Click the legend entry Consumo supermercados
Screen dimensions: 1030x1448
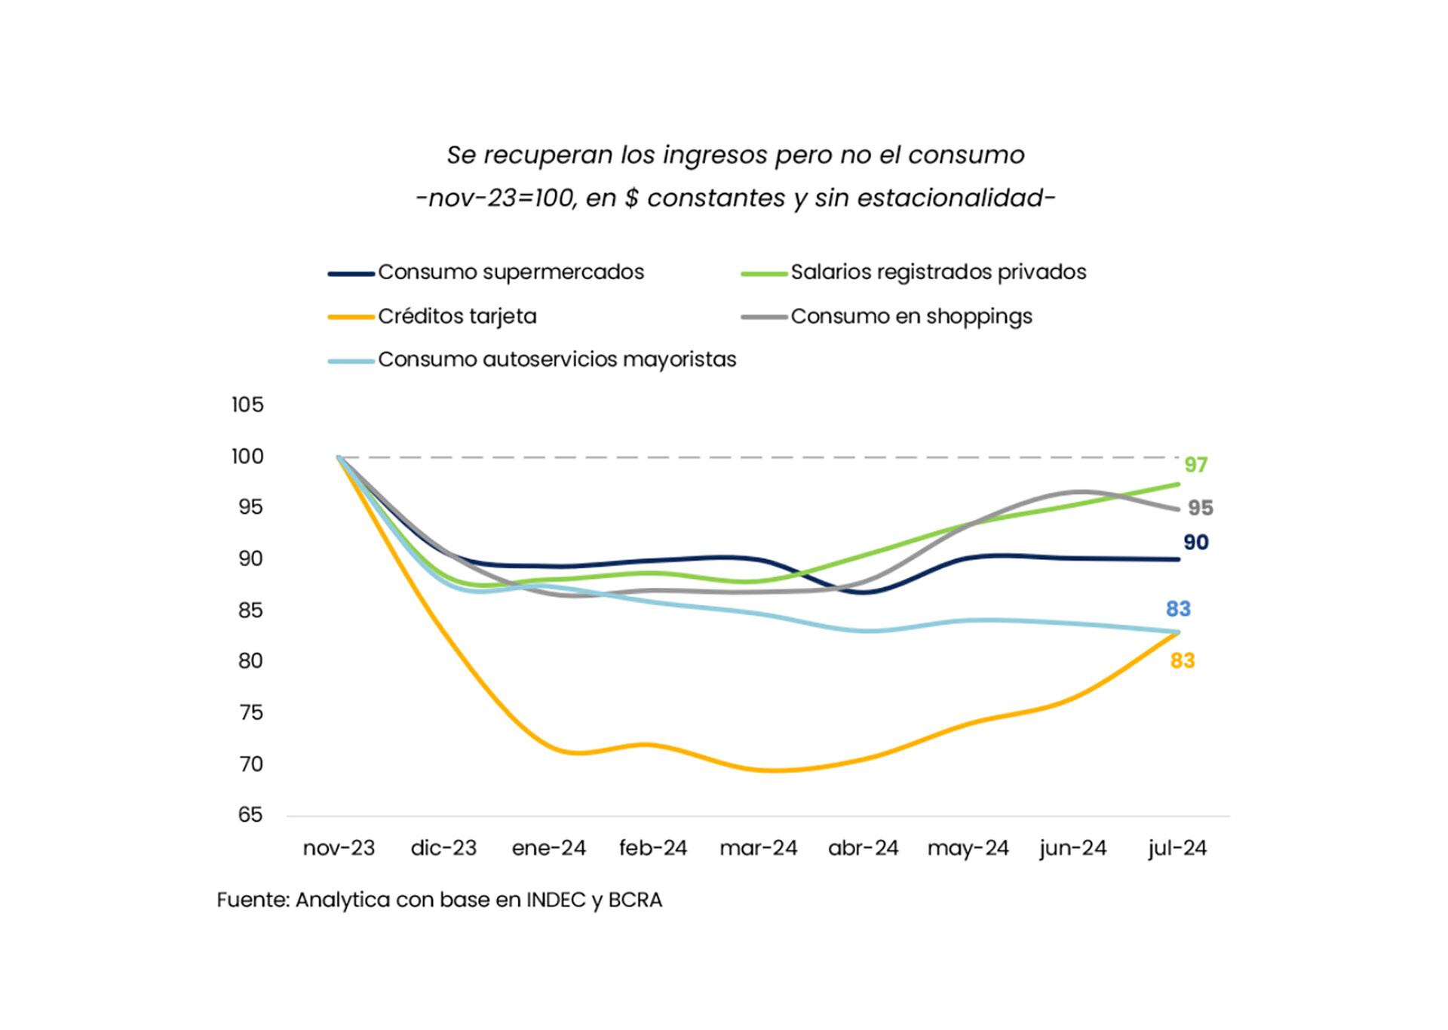511,272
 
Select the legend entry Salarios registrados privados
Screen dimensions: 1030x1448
938,272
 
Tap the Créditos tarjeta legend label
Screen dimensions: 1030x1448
457,316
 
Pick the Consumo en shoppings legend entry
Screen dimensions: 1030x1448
911,316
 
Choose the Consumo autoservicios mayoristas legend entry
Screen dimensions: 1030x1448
557,359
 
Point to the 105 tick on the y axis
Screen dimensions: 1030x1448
247,405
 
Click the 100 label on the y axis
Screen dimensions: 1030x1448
247,457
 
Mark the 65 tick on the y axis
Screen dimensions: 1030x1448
250,815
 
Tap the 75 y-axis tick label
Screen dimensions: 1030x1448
250,712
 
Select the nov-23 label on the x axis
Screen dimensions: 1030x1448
339,848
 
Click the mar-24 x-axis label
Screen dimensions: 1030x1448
758,848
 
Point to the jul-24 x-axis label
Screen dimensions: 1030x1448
1177,848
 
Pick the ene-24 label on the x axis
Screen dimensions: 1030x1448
548,848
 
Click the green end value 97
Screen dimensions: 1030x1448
1195,465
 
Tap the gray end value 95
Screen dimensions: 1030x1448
1201,509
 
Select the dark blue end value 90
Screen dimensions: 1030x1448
1195,543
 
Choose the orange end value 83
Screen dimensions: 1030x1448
1182,661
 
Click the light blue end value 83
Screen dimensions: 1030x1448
1178,609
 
